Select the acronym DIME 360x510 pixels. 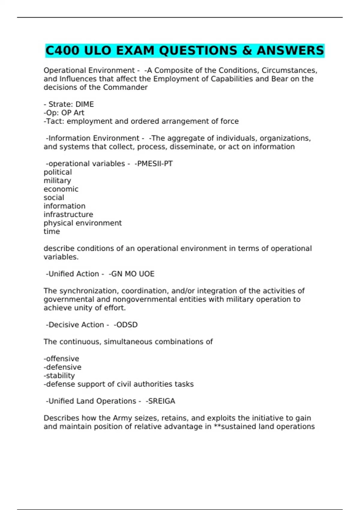(85, 104)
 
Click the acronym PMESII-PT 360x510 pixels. (154, 163)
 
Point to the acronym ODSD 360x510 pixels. (126, 325)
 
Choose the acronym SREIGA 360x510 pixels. (160, 401)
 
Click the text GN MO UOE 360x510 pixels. (132, 274)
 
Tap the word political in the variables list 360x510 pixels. (58, 172)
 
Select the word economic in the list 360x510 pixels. (61, 189)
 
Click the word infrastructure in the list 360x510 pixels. (68, 214)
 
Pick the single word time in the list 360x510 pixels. (52, 231)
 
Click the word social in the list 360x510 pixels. (54, 197)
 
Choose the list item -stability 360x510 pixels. (59, 375)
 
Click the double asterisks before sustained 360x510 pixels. (217, 426)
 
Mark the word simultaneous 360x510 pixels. (128, 341)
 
